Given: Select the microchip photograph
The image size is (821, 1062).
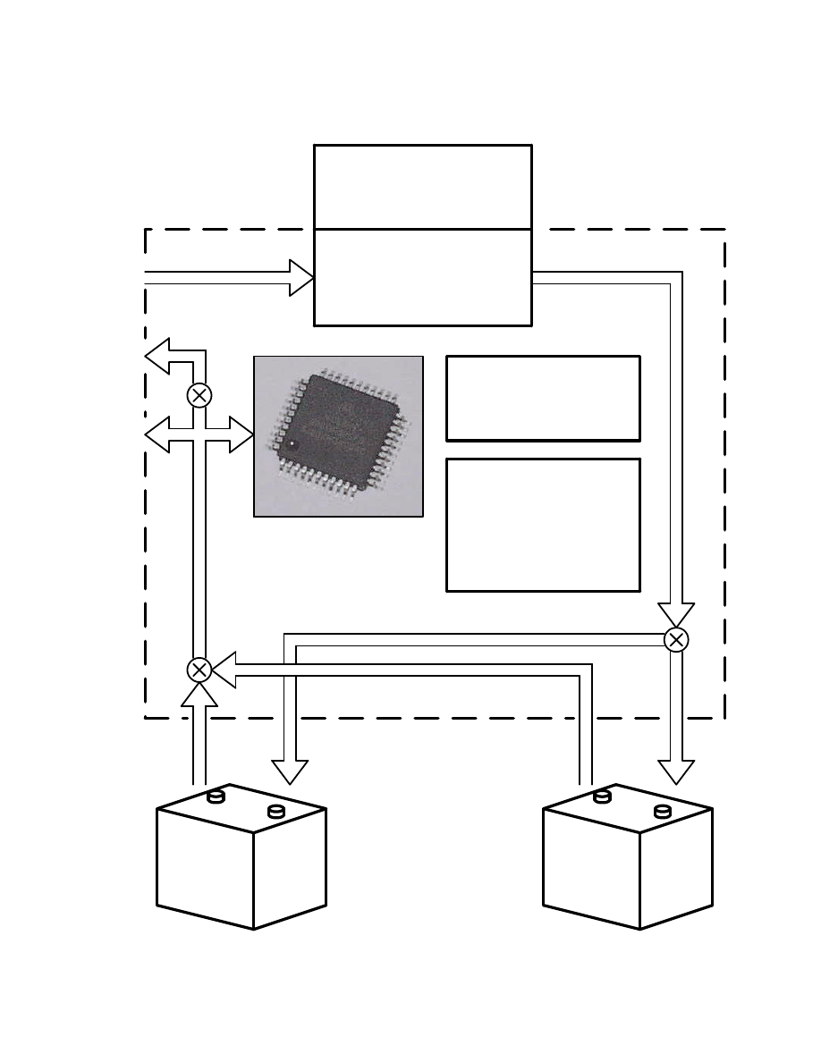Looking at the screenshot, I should pos(338,436).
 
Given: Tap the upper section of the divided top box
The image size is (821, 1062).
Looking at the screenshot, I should pos(423,186).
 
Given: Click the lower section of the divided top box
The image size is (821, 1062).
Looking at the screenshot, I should pos(423,277).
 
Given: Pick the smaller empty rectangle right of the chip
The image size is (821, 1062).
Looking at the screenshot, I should pos(543,398).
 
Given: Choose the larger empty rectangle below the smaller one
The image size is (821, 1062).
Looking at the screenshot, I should pos(543,525).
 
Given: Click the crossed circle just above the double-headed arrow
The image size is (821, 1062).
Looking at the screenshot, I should pos(199,394).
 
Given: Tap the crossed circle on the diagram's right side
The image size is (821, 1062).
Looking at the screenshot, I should pos(677,639).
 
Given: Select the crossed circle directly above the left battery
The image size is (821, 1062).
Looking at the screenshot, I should pos(199,670).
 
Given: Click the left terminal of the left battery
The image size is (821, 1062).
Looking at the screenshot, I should pos(215,796).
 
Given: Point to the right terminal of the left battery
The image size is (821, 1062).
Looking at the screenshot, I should pos(276,811).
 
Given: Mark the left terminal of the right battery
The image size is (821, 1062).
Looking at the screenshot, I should pos(602,796).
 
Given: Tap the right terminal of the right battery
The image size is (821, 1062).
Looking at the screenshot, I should pos(663,811).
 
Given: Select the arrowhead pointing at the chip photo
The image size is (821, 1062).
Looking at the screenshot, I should pos(241,434).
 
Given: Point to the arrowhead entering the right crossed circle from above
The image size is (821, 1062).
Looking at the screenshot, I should pos(676,614).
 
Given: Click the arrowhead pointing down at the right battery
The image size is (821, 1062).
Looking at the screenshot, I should pos(676,771).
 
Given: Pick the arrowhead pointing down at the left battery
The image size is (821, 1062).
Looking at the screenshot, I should pos(290,771).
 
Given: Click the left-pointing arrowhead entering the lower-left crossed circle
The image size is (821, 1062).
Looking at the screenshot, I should pos(224,670).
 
